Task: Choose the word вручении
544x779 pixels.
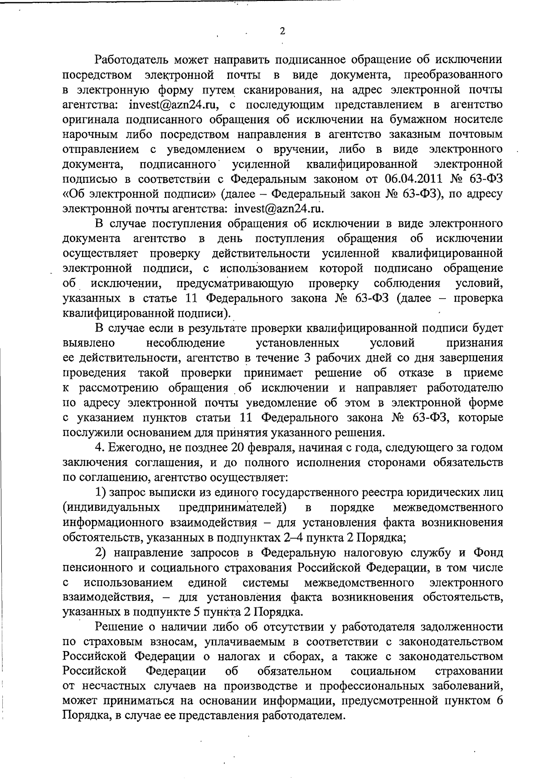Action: click(x=293, y=149)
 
